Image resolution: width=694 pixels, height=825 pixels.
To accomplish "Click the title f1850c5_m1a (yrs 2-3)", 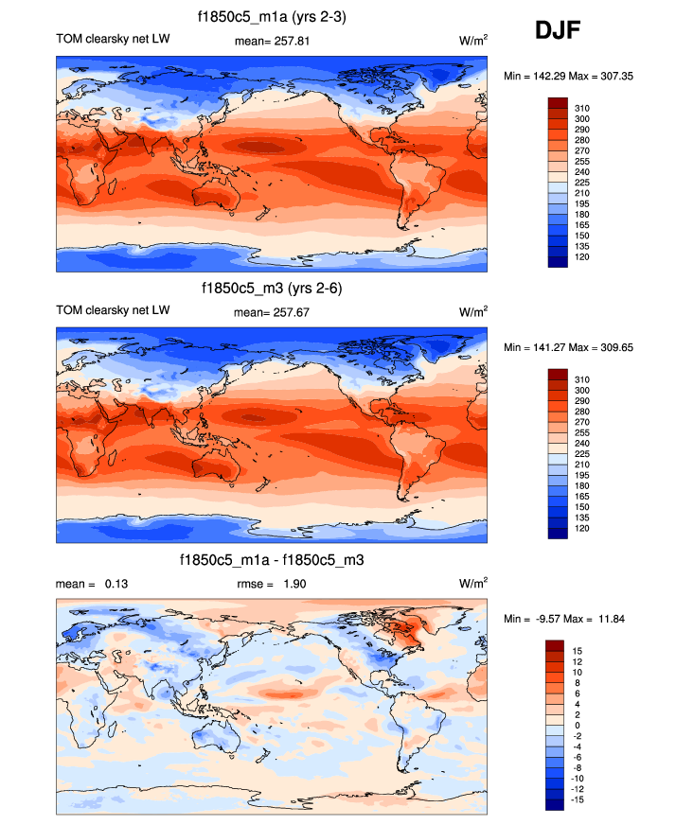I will click(x=272, y=17).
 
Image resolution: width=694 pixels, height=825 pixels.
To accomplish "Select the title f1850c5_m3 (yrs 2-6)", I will click(x=272, y=289).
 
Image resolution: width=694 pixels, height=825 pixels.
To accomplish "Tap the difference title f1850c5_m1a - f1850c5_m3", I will click(x=272, y=560).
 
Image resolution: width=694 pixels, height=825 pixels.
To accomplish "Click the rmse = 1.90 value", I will click(x=271, y=584).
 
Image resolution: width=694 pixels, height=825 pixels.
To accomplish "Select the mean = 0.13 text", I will click(x=92, y=584).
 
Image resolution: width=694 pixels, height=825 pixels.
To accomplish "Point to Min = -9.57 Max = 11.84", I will click(x=564, y=619).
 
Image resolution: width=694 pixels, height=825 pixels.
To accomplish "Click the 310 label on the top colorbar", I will click(x=582, y=109).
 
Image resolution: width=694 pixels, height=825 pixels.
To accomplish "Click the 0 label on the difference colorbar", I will click(x=577, y=725).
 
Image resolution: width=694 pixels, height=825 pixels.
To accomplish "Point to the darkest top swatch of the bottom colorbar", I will click(x=556, y=645).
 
